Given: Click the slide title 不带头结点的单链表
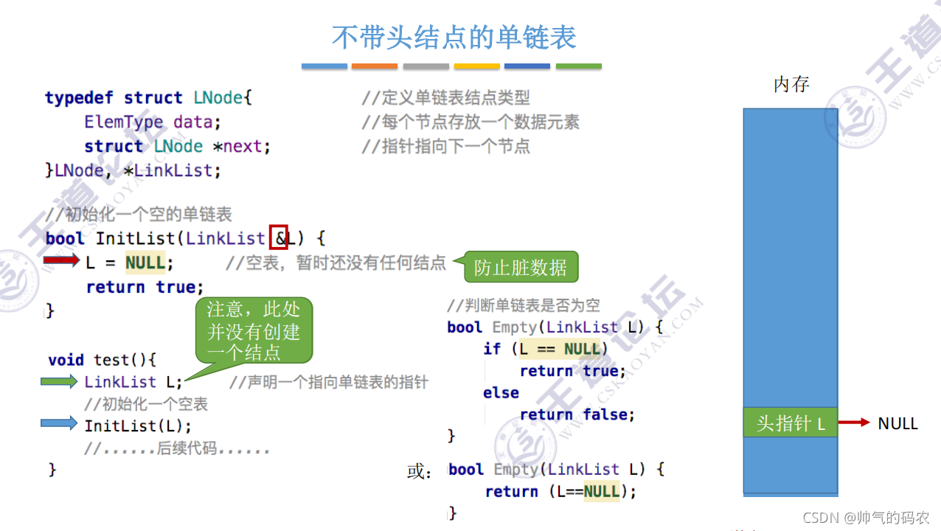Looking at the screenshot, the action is [454, 37].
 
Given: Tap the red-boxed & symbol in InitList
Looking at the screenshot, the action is [279, 237].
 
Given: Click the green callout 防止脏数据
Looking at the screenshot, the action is [521, 267].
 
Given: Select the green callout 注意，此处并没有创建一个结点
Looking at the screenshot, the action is [254, 330].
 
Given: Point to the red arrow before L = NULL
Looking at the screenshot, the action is [61, 260].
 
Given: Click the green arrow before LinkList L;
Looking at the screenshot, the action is [60, 381].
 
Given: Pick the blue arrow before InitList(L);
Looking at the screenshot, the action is [60, 423].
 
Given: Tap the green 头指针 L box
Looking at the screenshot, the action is [790, 423].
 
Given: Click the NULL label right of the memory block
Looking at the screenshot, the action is [897, 423].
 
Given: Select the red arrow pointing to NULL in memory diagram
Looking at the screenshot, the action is [855, 423].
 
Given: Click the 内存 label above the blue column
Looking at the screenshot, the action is [791, 85].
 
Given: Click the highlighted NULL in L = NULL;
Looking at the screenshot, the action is [145, 262].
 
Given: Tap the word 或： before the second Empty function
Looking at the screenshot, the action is [420, 471].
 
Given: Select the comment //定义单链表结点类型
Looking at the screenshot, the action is [445, 97].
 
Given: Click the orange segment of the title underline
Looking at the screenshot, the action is [375, 66].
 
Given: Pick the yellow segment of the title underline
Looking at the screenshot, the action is [476, 66].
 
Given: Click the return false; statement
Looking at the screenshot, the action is [577, 414].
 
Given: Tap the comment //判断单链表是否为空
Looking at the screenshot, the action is [523, 305].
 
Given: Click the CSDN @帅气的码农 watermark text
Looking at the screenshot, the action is [866, 518].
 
